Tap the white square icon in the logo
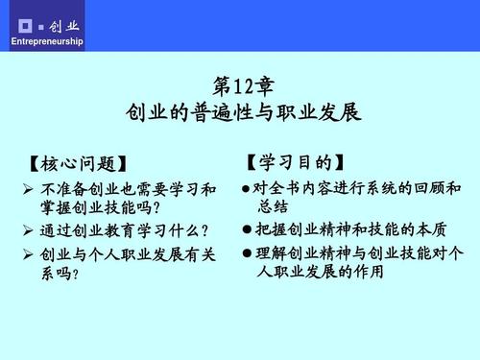28,22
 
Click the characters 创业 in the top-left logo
66,22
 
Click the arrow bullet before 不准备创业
28,188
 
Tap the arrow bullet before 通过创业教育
28,231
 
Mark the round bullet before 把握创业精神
247,231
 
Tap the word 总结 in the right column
274,207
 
